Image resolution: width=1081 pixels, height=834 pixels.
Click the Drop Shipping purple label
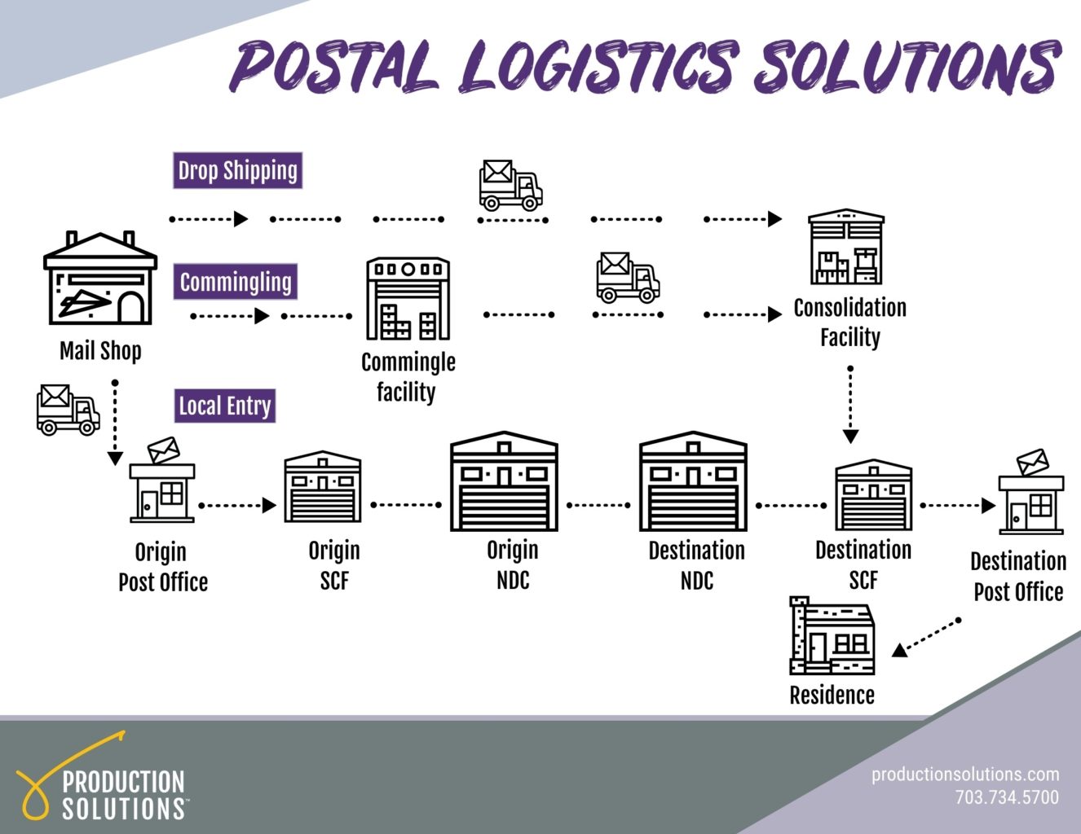coord(237,171)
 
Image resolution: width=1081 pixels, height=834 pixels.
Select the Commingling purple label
coord(235,282)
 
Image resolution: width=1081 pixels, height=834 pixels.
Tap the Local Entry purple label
coord(225,406)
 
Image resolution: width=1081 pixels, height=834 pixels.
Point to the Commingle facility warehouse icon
coord(408,299)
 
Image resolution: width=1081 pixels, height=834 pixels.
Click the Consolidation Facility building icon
coord(845,247)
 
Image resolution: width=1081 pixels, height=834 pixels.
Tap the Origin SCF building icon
coord(322,487)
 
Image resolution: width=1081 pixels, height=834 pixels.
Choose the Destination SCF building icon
coord(872,495)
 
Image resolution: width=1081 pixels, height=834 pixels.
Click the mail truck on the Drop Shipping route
coord(510,185)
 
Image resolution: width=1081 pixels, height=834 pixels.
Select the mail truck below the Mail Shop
coord(68,410)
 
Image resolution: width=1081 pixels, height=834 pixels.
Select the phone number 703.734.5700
coord(1007,797)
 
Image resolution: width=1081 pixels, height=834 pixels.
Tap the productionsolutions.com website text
coord(965,774)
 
